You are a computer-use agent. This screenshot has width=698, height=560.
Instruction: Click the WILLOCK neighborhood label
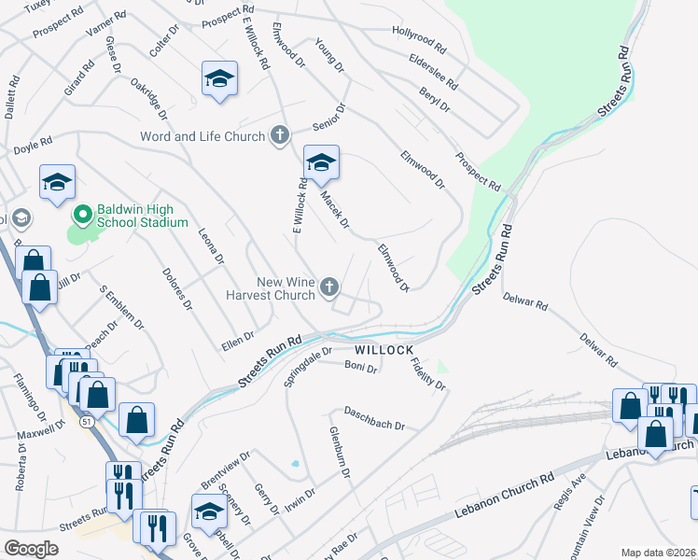click(x=384, y=349)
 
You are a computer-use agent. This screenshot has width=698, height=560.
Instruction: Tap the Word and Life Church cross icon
click(x=278, y=136)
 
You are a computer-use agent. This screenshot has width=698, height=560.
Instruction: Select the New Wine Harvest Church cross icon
click(x=328, y=288)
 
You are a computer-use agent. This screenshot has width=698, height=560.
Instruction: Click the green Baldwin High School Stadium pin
click(x=82, y=215)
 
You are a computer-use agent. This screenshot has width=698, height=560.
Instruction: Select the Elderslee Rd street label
click(x=433, y=70)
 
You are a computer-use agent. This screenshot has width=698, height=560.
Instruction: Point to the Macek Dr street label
click(x=334, y=210)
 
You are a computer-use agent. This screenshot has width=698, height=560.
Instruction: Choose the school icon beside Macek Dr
click(x=320, y=164)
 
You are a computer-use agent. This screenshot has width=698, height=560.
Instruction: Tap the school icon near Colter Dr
click(x=219, y=79)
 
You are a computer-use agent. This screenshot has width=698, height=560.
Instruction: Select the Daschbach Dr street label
click(x=373, y=417)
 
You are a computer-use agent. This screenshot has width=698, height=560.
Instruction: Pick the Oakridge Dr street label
click(x=149, y=98)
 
